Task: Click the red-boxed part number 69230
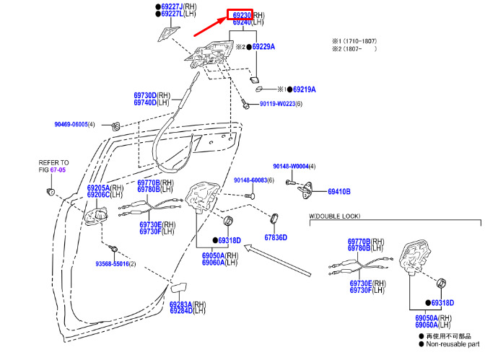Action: (x=241, y=14)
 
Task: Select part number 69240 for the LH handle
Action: (x=242, y=22)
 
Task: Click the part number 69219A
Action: (x=304, y=89)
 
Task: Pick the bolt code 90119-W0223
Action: (x=276, y=104)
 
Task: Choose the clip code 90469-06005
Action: (x=70, y=124)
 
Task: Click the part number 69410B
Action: (x=338, y=192)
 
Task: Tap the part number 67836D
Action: (x=275, y=237)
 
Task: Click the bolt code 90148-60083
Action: (x=250, y=180)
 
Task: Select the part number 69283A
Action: (x=180, y=304)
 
